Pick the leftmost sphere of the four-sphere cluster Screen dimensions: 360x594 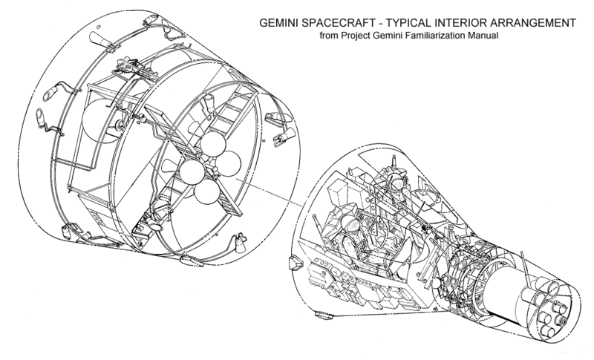[190, 174]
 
